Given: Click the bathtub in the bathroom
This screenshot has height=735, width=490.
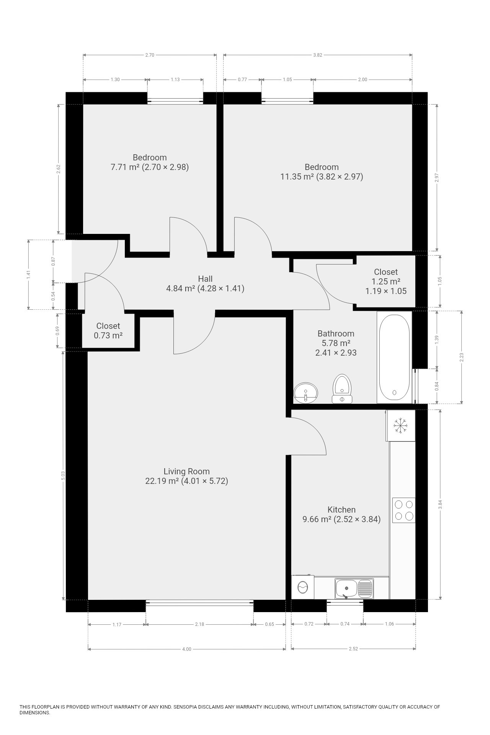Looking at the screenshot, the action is click(x=394, y=357).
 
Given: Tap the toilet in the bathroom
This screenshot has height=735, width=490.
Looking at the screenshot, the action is click(x=342, y=389).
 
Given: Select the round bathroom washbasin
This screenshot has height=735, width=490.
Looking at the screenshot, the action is click(x=306, y=392).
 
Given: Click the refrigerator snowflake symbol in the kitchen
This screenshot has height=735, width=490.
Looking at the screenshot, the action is click(x=401, y=425).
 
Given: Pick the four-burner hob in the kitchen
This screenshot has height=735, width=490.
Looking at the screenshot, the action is click(x=404, y=510).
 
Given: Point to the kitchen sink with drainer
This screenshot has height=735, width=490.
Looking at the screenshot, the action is click(x=354, y=588).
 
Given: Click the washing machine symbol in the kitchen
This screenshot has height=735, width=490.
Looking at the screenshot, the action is click(x=302, y=587).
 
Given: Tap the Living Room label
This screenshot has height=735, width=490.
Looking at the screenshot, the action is click(x=186, y=471).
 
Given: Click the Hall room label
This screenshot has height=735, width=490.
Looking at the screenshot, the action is click(x=205, y=279).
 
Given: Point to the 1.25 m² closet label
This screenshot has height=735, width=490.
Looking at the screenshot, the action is click(x=386, y=281).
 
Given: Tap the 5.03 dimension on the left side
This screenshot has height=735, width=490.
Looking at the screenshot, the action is click(x=63, y=475).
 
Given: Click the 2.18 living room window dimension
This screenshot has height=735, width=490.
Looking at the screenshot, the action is click(x=199, y=624).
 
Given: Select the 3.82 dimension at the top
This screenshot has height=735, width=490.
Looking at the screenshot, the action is click(x=317, y=55).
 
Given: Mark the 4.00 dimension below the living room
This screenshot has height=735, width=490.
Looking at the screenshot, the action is click(x=186, y=649).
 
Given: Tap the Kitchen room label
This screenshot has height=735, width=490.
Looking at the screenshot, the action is click(x=341, y=510).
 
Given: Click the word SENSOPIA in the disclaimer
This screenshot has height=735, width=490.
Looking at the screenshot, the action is click(x=187, y=707).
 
